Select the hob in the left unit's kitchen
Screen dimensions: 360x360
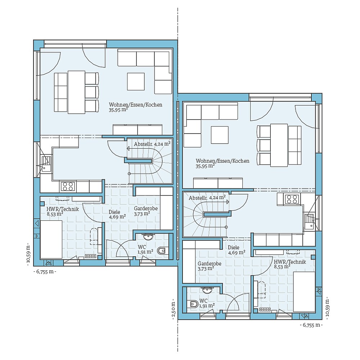68,186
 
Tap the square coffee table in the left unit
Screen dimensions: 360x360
136,81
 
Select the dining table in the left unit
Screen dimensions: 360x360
76,92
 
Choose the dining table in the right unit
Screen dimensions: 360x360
279,145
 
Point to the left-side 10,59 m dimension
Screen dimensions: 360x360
28,254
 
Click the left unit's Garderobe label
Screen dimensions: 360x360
145,208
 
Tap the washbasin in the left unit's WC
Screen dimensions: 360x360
148,237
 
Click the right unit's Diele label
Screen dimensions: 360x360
234,248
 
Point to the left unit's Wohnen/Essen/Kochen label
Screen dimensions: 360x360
135,105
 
